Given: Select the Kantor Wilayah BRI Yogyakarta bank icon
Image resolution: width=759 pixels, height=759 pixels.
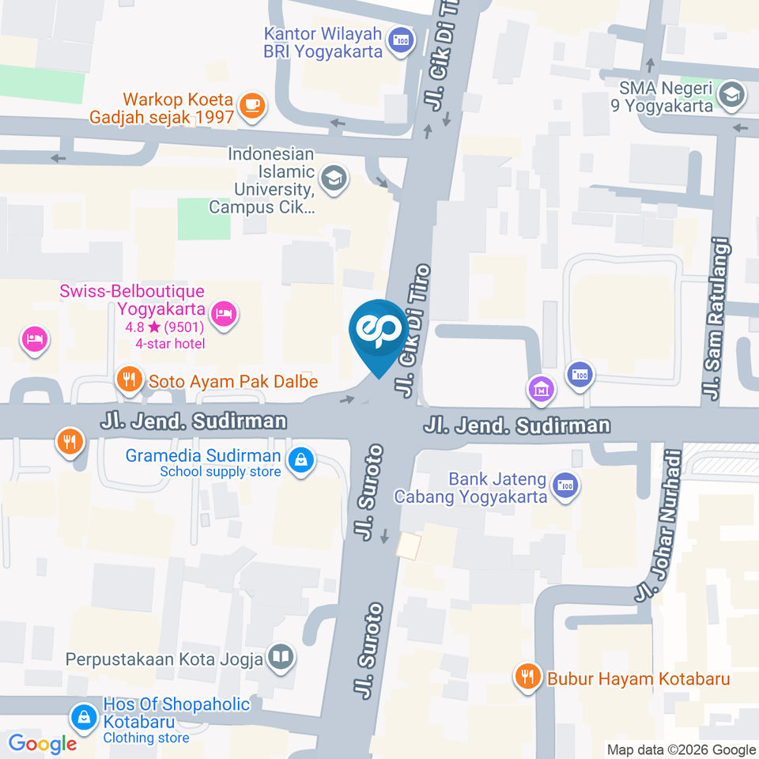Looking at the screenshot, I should click(x=402, y=40).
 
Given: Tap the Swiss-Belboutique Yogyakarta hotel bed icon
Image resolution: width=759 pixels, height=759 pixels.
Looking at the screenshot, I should click(x=225, y=314).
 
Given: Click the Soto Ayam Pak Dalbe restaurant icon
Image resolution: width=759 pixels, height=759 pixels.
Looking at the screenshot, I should click(x=129, y=380).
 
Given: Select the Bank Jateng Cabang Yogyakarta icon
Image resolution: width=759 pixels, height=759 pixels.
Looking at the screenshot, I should click(x=565, y=485).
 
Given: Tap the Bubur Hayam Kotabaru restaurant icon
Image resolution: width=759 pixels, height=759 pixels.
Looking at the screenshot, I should click(x=527, y=676).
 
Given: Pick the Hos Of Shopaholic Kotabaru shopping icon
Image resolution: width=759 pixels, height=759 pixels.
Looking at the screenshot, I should click(x=82, y=717).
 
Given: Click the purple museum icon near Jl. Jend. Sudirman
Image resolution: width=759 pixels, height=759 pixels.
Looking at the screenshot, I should click(x=542, y=388).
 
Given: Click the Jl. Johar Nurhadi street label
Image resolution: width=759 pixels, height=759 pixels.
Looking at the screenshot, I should click(x=659, y=525).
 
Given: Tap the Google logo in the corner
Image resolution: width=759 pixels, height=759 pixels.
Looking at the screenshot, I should click(x=42, y=743).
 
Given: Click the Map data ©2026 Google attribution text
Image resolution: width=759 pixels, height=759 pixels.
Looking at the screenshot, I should click(x=682, y=750).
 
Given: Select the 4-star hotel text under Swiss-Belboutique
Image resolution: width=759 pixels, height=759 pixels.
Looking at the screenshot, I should click(x=170, y=343).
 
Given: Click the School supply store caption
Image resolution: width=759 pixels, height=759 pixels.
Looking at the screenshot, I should click(x=220, y=472).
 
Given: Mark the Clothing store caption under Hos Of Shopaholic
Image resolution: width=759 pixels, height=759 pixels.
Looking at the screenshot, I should click(x=145, y=738).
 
